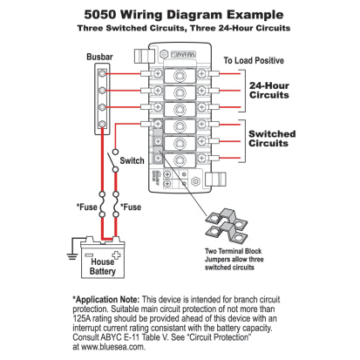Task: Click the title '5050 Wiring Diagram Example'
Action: tap(180, 15)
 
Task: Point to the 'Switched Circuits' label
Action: tap(272, 139)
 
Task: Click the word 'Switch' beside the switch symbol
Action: tap(132, 161)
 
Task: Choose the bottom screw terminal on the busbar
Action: tap(104, 125)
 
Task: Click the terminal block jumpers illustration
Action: tap(228, 225)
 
